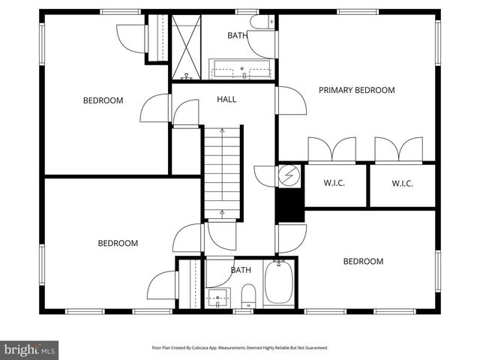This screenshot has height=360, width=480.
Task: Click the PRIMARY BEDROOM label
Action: (x=356, y=90)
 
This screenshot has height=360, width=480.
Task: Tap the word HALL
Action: (x=226, y=100)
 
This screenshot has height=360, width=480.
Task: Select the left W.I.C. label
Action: (x=334, y=184)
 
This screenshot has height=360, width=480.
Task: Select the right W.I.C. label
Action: (x=402, y=184)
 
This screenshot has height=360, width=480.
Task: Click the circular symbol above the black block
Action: (x=289, y=177)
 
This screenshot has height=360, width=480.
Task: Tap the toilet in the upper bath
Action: (x=262, y=22)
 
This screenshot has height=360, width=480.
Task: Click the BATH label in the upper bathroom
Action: (x=237, y=35)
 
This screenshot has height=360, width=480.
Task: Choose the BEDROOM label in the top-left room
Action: (x=103, y=100)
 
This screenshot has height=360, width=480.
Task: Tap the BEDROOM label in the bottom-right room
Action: (x=363, y=262)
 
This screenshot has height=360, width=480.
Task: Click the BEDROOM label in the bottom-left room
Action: (x=118, y=243)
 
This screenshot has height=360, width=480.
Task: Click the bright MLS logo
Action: (x=30, y=349)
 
